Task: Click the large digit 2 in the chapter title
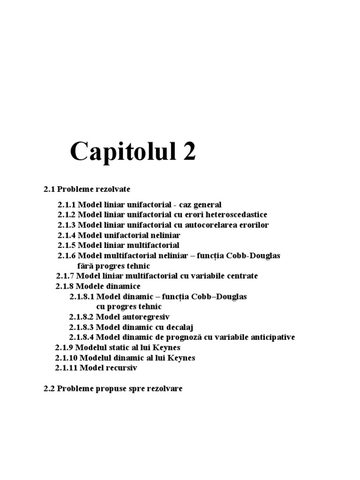tap(187, 152)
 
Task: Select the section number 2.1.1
tap(67, 205)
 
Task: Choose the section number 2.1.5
tap(67, 245)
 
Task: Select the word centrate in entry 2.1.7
tap(241, 276)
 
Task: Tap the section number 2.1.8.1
tap(82, 297)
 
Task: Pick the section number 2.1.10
tap(67, 358)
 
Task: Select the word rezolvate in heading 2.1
tap(114, 189)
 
